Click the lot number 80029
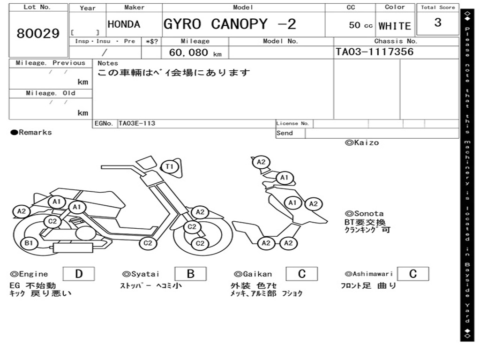pos(38,33)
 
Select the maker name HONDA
pos(124,24)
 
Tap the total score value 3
pos(438,22)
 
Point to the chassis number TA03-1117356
pos(375,52)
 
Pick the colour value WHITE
pos(395,26)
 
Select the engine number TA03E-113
pos(137,123)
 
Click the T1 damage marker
pos(170,167)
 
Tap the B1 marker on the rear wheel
pos(29,243)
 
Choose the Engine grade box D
pos(79,274)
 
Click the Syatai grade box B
pos(190,274)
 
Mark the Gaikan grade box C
pos(302,274)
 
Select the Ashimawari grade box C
pos(413,274)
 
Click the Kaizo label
pos(362,142)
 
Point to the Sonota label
pos(364,213)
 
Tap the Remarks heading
pos(31,132)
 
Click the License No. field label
pos(292,123)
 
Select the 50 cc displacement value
pos(360,25)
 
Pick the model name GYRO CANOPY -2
pos(230,24)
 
